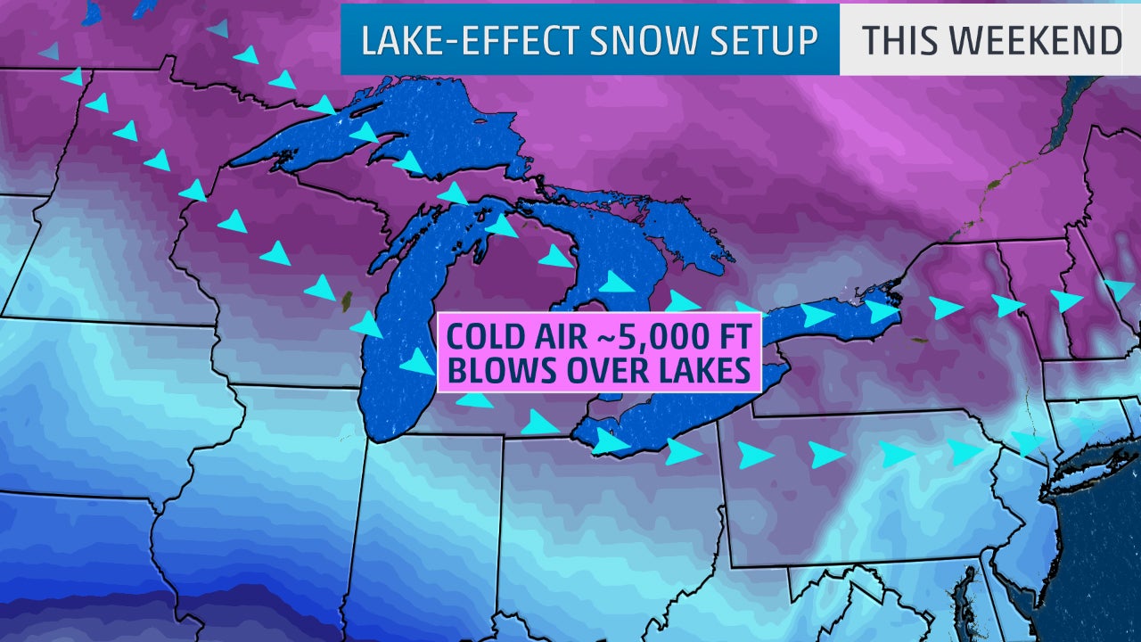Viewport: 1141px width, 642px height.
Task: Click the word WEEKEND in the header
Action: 1040,40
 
